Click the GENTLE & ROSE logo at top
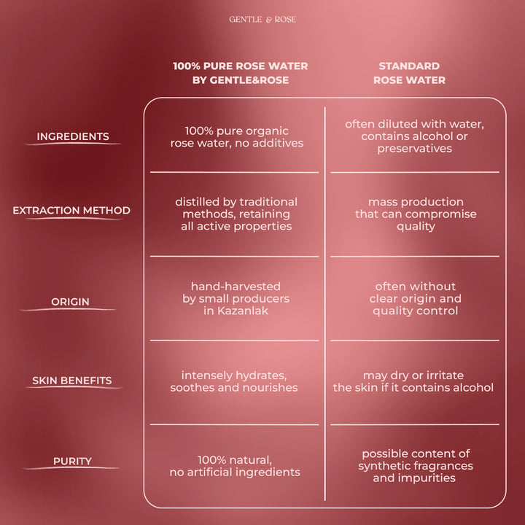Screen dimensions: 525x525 [x=262, y=20]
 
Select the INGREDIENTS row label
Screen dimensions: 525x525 [x=73, y=136]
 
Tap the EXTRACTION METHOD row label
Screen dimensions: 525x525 [x=71, y=210]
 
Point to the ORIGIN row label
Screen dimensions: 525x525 [x=70, y=302]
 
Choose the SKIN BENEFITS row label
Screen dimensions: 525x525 [x=72, y=381]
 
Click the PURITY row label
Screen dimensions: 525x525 [x=72, y=461]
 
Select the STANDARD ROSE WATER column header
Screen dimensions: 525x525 [x=409, y=73]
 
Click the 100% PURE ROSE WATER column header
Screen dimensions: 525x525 [x=241, y=73]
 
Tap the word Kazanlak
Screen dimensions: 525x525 [x=242, y=311]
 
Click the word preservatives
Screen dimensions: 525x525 [x=414, y=148]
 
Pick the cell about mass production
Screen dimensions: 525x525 [x=416, y=214]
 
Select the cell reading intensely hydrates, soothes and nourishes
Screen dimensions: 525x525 [x=234, y=381]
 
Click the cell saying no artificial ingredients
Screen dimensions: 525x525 [x=235, y=466]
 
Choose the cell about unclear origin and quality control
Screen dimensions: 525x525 [x=415, y=298]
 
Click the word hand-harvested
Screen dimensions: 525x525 [x=236, y=287]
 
